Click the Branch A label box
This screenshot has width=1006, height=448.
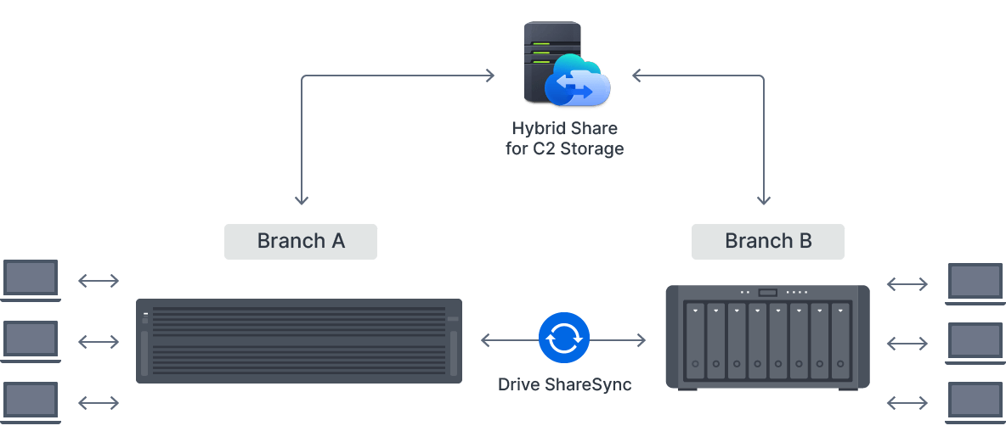(301, 241)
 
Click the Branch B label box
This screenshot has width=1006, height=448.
(768, 241)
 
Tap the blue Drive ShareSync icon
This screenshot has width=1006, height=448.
(563, 339)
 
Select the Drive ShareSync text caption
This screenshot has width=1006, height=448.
(564, 384)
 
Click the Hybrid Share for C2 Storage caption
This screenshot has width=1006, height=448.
(564, 139)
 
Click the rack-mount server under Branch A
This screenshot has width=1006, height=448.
(299, 340)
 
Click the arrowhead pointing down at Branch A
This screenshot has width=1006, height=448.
(302, 199)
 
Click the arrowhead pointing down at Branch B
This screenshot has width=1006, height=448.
(764, 199)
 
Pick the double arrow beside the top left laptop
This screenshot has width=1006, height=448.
(99, 281)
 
